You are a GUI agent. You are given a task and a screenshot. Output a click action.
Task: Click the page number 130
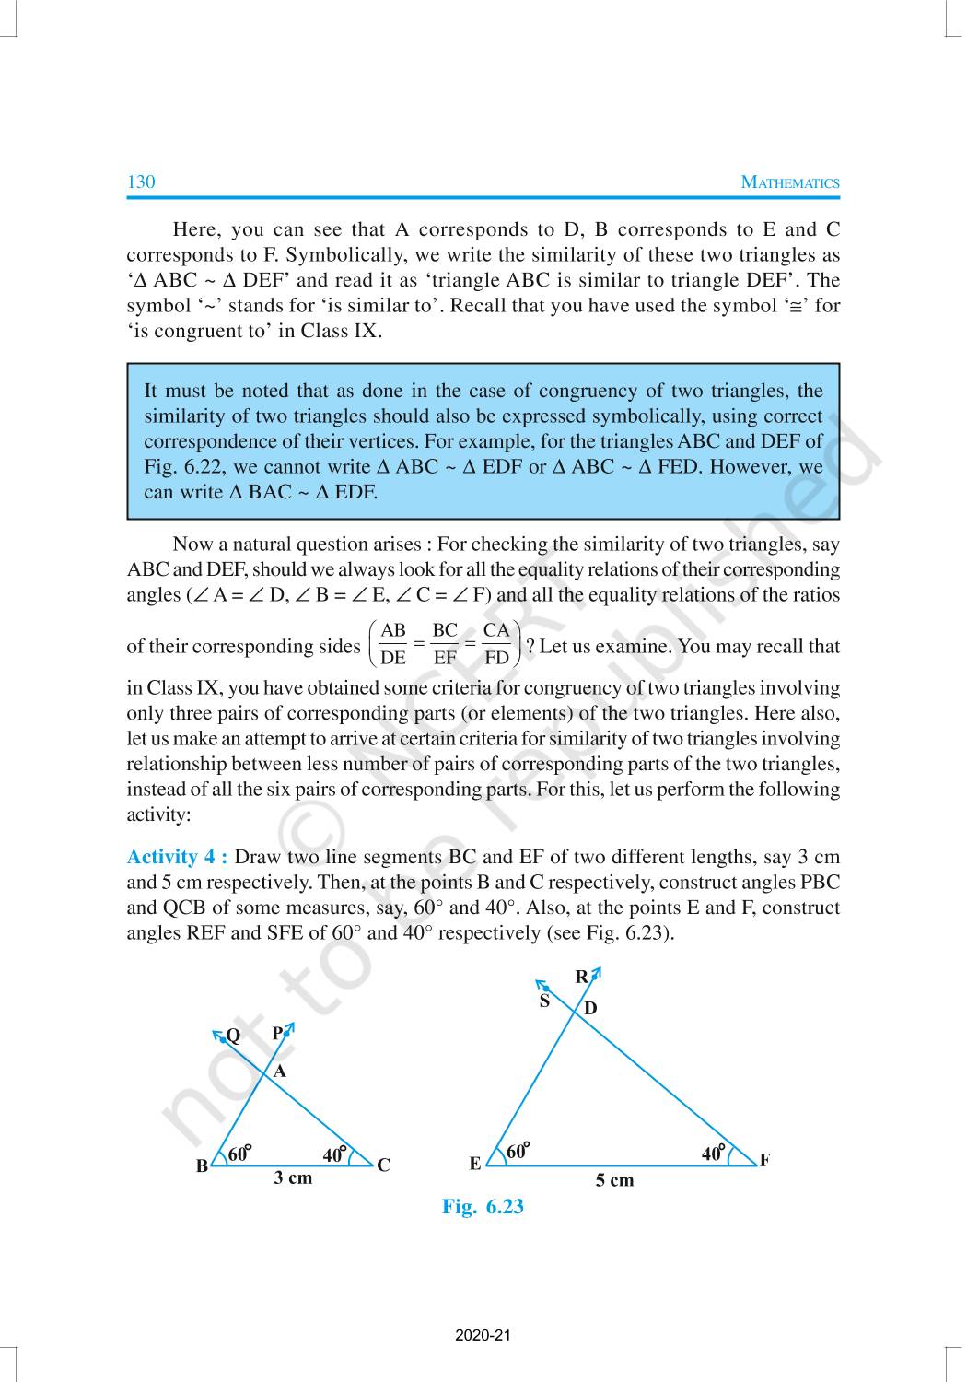click(141, 182)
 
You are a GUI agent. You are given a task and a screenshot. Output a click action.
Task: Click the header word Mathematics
click(790, 182)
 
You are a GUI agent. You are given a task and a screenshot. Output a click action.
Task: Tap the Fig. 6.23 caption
click(483, 1207)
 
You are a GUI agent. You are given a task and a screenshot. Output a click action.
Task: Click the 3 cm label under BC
click(293, 1177)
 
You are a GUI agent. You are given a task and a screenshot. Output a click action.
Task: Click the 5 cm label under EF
click(614, 1180)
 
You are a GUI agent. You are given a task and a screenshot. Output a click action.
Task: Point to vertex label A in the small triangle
click(281, 1072)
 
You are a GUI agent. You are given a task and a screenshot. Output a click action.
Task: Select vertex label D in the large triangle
click(590, 1009)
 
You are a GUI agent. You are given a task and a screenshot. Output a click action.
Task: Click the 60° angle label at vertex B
click(239, 1154)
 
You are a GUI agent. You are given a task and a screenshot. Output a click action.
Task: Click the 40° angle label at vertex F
click(713, 1154)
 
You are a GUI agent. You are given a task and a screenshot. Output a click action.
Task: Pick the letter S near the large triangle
click(544, 1001)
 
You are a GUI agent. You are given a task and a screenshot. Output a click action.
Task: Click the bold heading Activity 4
click(177, 857)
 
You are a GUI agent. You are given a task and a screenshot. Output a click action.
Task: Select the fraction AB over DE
click(393, 644)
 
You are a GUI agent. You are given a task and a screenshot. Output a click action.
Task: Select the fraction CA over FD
click(496, 644)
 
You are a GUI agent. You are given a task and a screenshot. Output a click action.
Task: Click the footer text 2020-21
click(483, 1335)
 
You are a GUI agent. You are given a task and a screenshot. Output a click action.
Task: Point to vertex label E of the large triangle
click(475, 1164)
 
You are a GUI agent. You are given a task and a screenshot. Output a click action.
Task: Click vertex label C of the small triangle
click(383, 1165)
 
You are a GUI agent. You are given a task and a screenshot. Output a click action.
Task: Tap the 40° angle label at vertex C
click(334, 1154)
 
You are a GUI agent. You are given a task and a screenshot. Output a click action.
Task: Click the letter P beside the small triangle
click(277, 1034)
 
